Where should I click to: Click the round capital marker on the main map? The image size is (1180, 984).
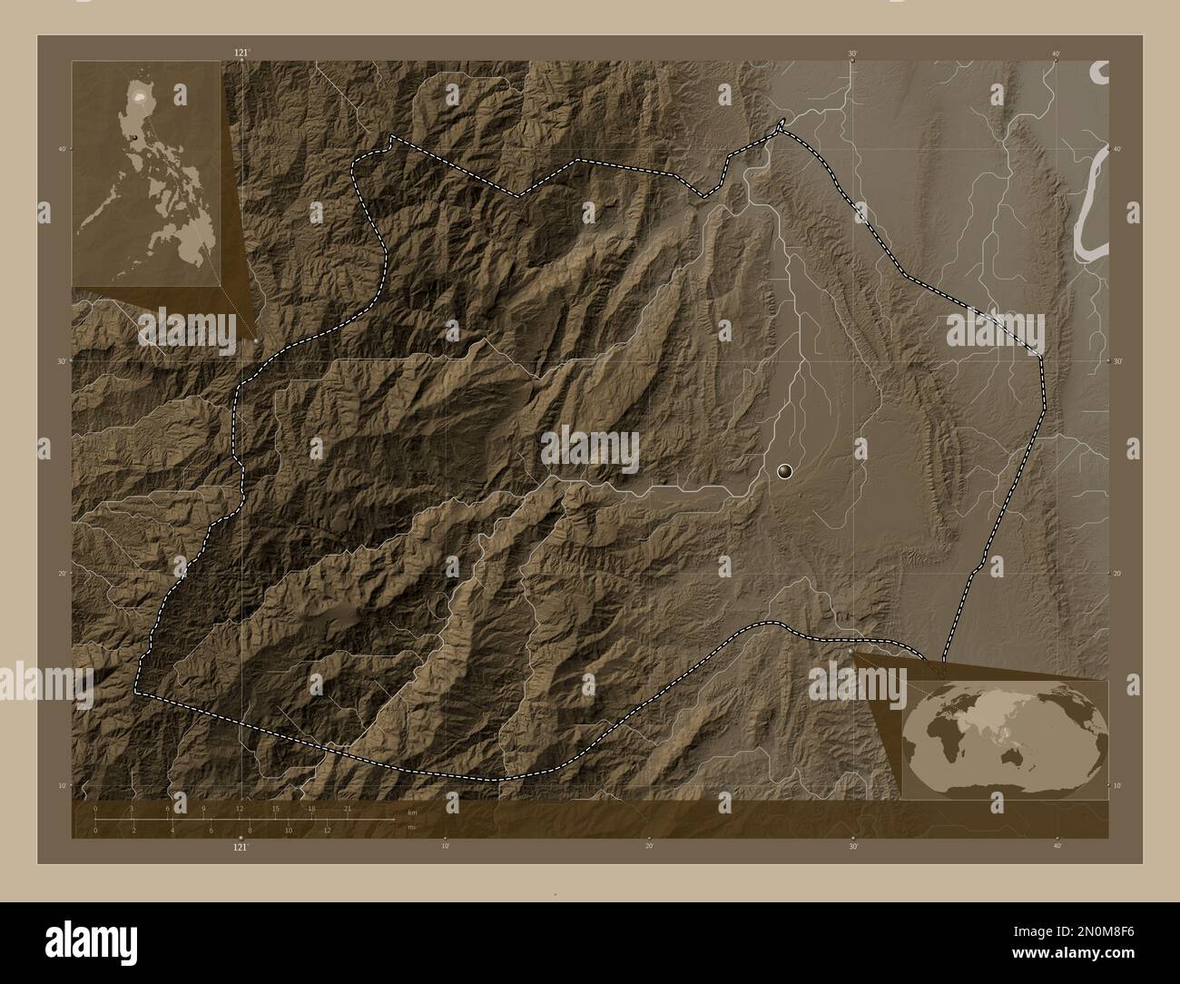(x=785, y=470)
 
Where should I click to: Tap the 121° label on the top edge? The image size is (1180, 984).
(x=241, y=54)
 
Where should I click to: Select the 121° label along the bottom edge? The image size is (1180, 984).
(x=241, y=847)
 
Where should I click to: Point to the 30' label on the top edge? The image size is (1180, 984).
(x=852, y=54)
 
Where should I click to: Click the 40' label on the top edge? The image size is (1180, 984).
(x=1057, y=54)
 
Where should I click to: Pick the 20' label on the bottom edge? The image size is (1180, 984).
(x=649, y=846)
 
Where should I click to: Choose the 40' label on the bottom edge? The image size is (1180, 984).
(x=1057, y=846)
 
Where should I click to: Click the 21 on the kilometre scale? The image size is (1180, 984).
(x=347, y=808)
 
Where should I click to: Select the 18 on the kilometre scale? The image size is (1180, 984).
(x=311, y=808)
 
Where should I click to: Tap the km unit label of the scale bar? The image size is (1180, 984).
(x=412, y=812)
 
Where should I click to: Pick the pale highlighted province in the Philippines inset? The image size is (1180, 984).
(x=139, y=93)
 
